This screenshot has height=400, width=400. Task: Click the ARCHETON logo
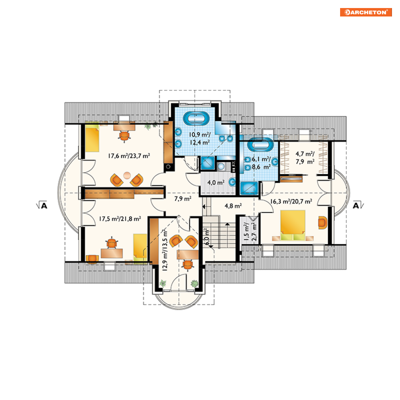pyautogui.click(x=366, y=12)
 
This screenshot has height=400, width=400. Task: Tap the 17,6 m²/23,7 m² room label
pyautogui.click(x=129, y=156)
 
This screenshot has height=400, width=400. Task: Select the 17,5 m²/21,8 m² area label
pyautogui.click(x=120, y=219)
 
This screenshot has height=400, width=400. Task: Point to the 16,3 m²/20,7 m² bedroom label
pyautogui.click(x=291, y=201)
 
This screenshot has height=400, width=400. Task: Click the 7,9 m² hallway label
pyautogui.click(x=183, y=199)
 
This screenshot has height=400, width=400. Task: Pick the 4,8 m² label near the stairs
pyautogui.click(x=233, y=205)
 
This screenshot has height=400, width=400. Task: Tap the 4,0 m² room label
pyautogui.click(x=216, y=183)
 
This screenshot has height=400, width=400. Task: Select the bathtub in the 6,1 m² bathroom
pyautogui.click(x=261, y=145)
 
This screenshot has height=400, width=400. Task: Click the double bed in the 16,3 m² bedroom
pyautogui.click(x=293, y=225)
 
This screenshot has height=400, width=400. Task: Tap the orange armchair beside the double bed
pyautogui.click(x=322, y=223)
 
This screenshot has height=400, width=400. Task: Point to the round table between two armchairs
pyautogui.click(x=127, y=175)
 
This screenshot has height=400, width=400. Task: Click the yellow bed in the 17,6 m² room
pyautogui.click(x=92, y=139)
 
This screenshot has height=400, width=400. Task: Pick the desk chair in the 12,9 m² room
pyautogui.click(x=187, y=265)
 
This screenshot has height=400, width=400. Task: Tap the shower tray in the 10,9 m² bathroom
pyautogui.click(x=207, y=163)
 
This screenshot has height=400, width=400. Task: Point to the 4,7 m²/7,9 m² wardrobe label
pyautogui.click(x=305, y=158)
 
